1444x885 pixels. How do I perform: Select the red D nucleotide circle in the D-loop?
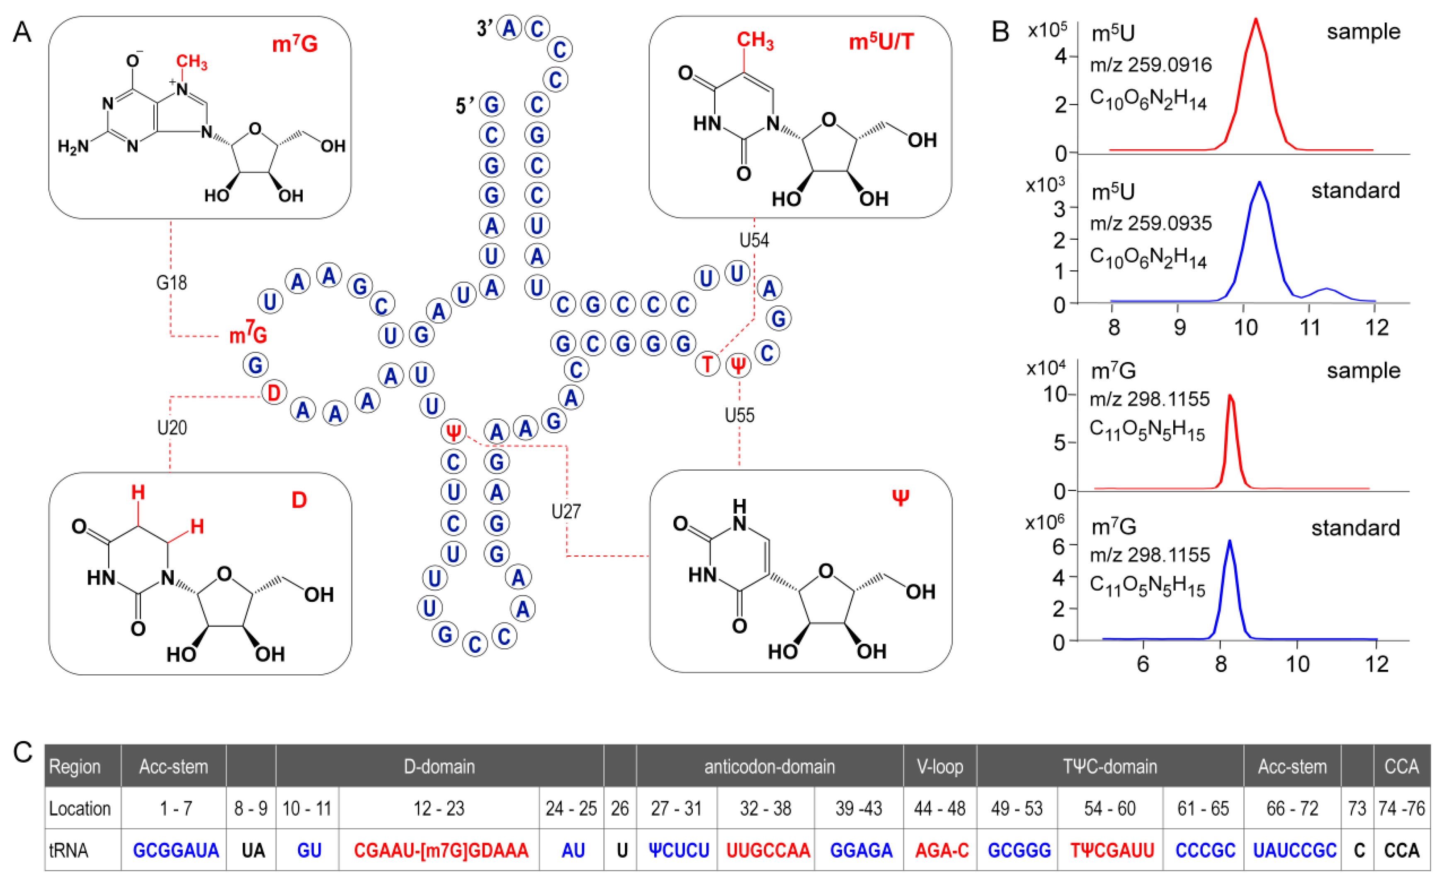coord(274,393)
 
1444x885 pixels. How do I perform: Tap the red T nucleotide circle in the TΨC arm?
coord(707,365)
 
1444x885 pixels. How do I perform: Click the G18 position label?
coord(171,283)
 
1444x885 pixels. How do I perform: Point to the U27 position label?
coord(566,512)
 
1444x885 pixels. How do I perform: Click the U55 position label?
coord(740,416)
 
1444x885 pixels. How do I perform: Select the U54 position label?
coord(754,240)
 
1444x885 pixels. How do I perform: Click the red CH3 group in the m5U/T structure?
coord(755,41)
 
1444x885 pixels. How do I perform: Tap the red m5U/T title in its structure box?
coord(881,42)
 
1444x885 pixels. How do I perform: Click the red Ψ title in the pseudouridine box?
coord(900,498)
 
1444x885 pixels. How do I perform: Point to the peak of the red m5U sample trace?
coord(1255,20)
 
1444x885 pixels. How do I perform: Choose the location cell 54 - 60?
coord(1109,809)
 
